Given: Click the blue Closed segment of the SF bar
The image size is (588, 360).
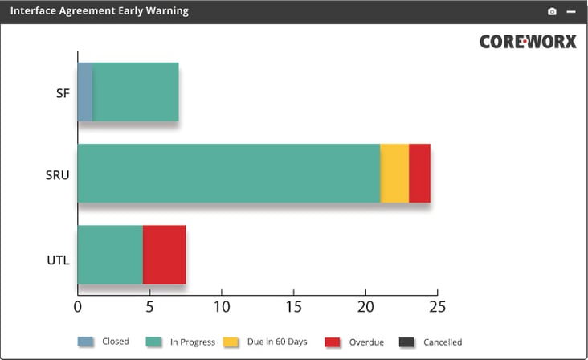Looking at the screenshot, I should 85,92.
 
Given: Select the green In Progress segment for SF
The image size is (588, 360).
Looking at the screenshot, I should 135,92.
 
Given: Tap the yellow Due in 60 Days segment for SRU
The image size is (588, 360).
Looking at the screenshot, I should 394,174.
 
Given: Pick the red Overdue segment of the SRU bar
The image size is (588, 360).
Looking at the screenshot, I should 419,174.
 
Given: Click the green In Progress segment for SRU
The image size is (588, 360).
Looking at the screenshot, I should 228,174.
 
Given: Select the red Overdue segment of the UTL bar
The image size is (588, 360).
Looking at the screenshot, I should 164,255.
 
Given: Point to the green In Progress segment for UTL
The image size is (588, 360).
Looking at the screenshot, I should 110,255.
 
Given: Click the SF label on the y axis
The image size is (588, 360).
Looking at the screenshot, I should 63,93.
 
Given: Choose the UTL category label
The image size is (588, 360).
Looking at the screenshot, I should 58,260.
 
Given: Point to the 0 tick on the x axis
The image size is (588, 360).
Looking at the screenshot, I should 77,306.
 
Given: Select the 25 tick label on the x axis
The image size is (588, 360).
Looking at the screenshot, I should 437,306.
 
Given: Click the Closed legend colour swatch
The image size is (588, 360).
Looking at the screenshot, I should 85,342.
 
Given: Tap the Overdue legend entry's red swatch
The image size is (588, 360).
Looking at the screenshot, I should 333,342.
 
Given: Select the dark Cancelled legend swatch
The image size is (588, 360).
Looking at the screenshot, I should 406,342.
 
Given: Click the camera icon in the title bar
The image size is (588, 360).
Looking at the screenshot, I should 552,11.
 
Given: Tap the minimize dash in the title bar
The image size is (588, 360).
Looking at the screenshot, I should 570,11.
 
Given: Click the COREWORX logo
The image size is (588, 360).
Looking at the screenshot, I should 528,41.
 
